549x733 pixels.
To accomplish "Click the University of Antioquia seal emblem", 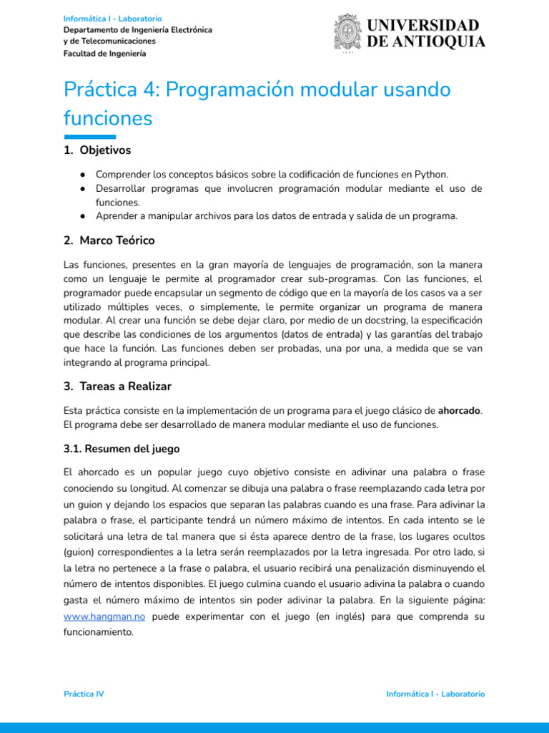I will [x=348, y=33].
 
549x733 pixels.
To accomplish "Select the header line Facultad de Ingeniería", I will [x=104, y=53].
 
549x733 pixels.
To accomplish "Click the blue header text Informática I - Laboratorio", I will [x=112, y=18].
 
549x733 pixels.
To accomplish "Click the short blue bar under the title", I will [x=89, y=137].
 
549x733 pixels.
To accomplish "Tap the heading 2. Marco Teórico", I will [x=109, y=240].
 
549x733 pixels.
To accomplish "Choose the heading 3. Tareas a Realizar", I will [x=117, y=386].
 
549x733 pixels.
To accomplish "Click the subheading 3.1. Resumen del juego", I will [x=122, y=449].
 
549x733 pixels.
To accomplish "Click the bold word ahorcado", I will [x=459, y=410].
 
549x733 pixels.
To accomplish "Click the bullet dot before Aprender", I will [x=84, y=216].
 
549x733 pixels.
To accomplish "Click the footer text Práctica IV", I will [x=84, y=694].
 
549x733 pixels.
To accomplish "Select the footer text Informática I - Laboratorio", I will [x=435, y=694].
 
